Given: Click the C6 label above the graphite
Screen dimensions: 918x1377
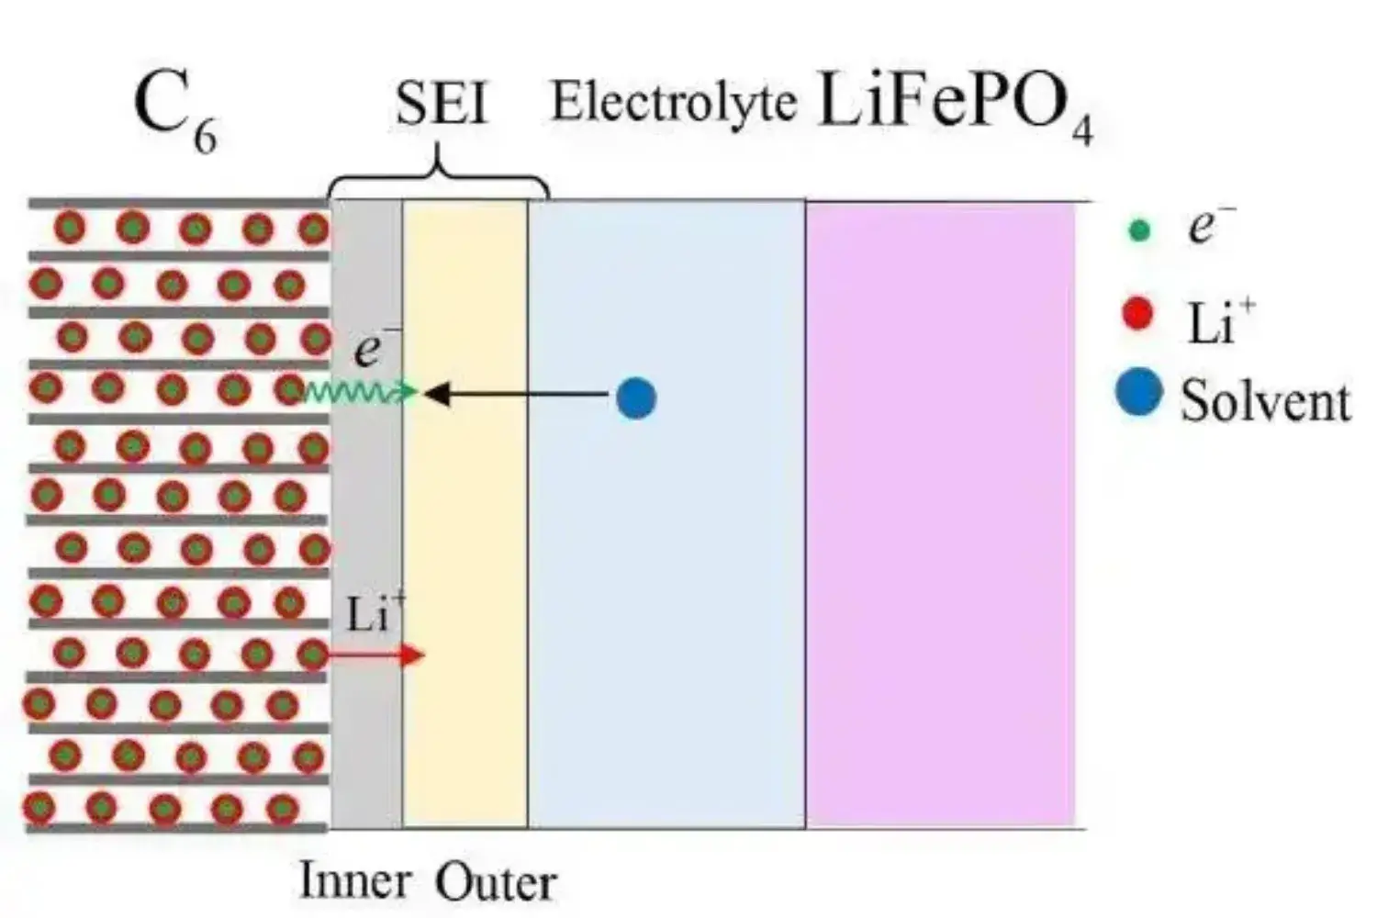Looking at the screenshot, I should (x=174, y=110).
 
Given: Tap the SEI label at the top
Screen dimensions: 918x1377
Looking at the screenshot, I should (x=441, y=104).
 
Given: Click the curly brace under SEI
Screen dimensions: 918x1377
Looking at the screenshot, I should (x=439, y=174).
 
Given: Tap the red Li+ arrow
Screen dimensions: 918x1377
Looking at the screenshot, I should (x=376, y=655).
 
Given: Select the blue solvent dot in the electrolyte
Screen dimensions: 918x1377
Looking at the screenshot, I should (x=636, y=397).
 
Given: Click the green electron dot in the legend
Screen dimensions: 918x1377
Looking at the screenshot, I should (x=1139, y=230).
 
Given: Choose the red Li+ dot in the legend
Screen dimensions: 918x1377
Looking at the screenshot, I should (x=1138, y=314).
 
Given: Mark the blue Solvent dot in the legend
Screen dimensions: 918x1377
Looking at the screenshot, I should (x=1138, y=395).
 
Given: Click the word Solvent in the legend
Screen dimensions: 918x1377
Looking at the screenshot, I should (x=1265, y=401).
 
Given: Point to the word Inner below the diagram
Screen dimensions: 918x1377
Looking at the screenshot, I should (x=354, y=880).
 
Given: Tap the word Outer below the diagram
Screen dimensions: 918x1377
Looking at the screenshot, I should (x=496, y=882).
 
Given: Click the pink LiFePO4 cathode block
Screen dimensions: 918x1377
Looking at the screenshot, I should (x=941, y=514).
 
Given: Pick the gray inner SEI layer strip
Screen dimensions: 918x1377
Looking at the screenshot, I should (x=366, y=514).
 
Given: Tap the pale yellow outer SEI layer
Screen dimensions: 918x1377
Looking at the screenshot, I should (x=465, y=514).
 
